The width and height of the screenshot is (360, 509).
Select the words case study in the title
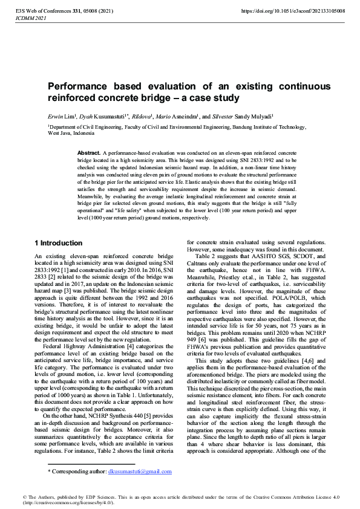(216, 98)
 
